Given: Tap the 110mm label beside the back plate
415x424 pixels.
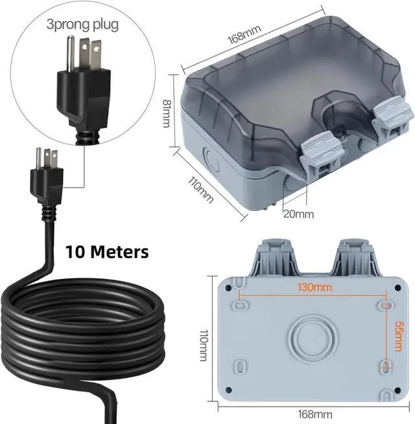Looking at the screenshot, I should pos(204,337).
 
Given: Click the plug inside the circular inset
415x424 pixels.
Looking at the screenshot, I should pos(80,84).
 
